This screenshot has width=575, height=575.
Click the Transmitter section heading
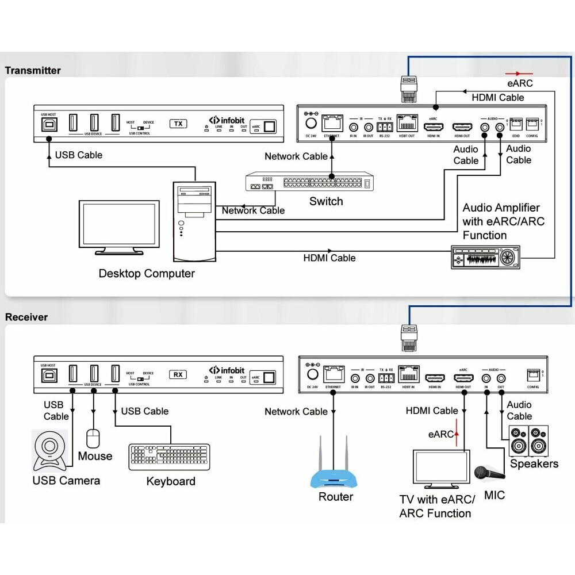click(x=33, y=71)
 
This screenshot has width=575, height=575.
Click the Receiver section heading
click(x=26, y=317)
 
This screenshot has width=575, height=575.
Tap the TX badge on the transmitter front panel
click(x=178, y=124)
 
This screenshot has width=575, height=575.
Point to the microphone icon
click(x=488, y=473)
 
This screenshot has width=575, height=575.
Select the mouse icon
click(x=93, y=439)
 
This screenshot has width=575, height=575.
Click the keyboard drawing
click(x=170, y=454)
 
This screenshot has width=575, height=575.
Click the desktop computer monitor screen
click(x=119, y=225)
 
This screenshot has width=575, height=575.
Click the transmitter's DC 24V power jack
click(x=311, y=123)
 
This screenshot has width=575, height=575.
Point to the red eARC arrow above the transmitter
click(x=519, y=74)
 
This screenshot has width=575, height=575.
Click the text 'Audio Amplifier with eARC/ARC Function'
click(x=501, y=221)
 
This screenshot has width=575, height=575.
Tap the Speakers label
click(x=534, y=463)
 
